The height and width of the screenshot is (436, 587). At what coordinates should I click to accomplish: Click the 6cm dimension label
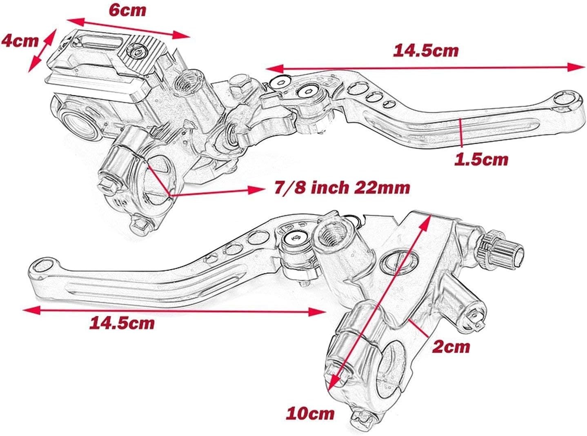pyautogui.click(x=127, y=10)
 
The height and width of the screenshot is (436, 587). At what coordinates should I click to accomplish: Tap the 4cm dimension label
pyautogui.click(x=20, y=40)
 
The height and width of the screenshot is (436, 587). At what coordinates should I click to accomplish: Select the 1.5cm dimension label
pyautogui.click(x=481, y=159)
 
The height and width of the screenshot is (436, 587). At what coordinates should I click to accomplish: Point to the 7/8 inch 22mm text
pyautogui.click(x=341, y=188)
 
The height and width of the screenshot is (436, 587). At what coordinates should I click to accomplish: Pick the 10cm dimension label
pyautogui.click(x=310, y=413)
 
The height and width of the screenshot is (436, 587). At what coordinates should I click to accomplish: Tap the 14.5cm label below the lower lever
pyautogui.click(x=122, y=323)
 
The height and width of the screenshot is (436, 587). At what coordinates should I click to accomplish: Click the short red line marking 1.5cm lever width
pyautogui.click(x=460, y=131)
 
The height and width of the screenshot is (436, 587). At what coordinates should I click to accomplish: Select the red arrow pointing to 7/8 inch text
pyautogui.click(x=216, y=190)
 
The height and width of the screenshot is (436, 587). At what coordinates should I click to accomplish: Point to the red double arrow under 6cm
pyautogui.click(x=128, y=28)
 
